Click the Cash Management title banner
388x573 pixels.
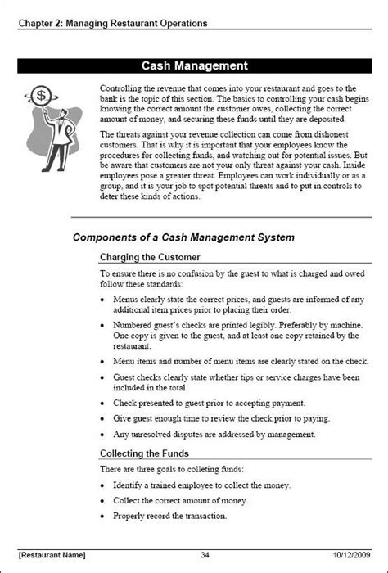[x=194, y=65]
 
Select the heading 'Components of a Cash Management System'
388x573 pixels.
[x=184, y=238]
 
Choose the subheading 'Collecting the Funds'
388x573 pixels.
[x=144, y=453]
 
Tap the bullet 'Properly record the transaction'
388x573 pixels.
[x=169, y=517]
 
